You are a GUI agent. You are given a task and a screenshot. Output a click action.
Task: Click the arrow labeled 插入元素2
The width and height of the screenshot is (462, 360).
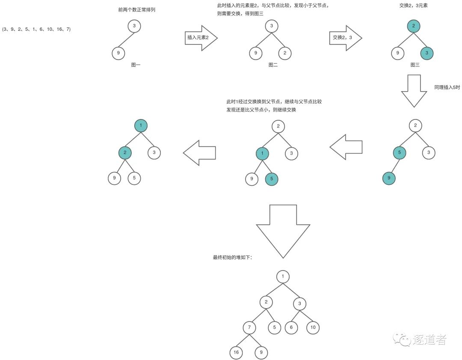201,38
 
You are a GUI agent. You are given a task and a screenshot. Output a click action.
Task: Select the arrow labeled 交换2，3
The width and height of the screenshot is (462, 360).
346,38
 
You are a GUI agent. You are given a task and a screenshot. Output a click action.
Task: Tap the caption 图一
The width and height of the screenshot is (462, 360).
136,65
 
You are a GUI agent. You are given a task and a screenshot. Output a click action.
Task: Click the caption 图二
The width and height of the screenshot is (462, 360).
273,65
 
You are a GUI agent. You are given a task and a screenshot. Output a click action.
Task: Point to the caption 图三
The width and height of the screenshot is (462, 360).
415,65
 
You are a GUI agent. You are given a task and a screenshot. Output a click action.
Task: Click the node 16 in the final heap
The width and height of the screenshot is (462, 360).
236,352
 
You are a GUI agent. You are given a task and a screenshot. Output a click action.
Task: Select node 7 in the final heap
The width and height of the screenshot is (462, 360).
249,327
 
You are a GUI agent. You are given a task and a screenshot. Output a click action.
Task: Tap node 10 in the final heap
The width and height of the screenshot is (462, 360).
313,327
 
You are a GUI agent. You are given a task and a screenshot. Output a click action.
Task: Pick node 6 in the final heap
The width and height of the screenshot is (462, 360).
291,327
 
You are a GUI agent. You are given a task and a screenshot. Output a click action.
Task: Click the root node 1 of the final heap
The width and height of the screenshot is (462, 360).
283,277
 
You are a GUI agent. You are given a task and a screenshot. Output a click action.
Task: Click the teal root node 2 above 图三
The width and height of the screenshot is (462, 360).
414,26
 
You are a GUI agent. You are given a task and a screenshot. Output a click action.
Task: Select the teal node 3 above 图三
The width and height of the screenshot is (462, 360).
427,53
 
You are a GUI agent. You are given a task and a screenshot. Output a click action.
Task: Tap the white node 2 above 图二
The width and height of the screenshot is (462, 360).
284,53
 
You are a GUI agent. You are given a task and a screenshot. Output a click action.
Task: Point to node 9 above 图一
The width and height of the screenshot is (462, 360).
118,53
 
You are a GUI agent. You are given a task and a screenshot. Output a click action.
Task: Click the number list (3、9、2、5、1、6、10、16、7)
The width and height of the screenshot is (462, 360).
36,29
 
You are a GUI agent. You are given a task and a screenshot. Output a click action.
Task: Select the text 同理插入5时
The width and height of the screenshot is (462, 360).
447,87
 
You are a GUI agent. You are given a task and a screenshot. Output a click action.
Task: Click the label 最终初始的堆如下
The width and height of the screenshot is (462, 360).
232,257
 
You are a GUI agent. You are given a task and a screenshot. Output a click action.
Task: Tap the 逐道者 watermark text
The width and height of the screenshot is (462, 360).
429,339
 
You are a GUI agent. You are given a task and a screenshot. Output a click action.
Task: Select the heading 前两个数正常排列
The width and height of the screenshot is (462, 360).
137,10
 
